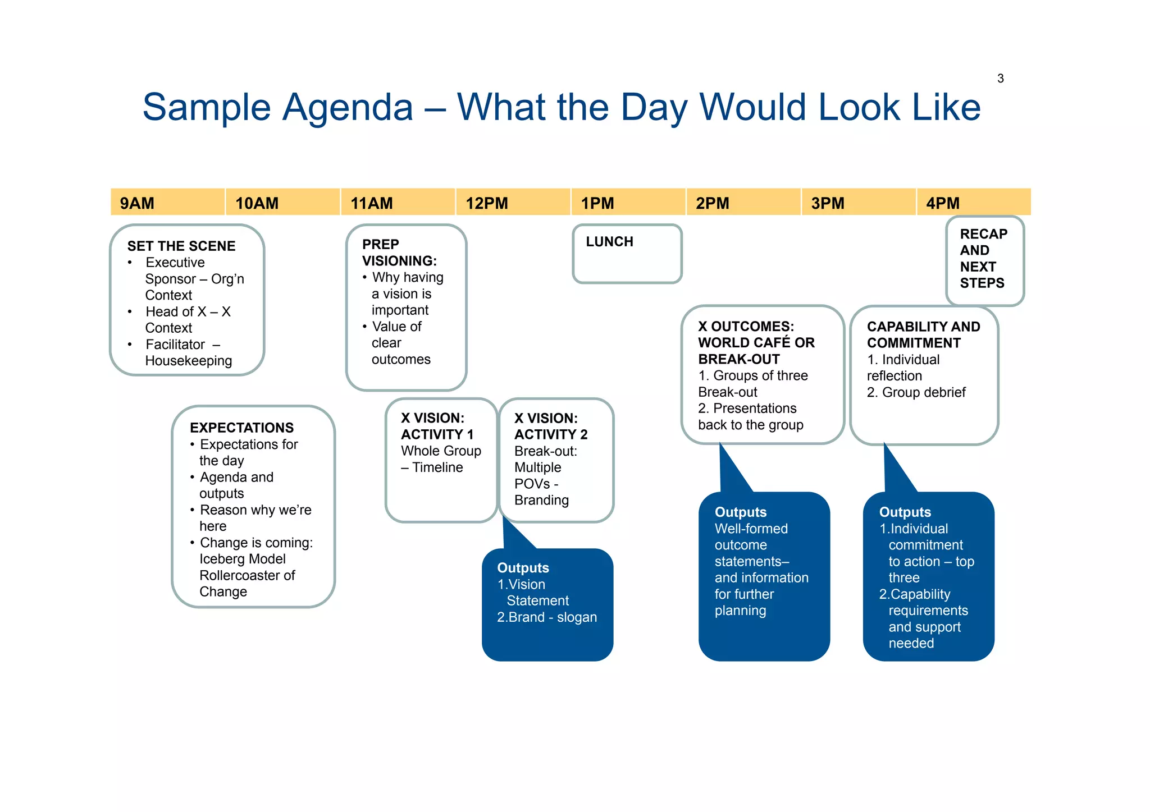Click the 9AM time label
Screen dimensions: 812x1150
(137, 203)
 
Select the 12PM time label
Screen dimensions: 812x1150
(486, 203)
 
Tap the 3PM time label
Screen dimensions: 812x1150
(827, 203)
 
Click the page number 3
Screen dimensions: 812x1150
(1000, 79)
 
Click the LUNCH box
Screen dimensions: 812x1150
(627, 254)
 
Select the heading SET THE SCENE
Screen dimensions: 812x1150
(181, 246)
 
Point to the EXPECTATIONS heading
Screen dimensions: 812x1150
(241, 428)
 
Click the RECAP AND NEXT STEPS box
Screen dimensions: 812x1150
(984, 259)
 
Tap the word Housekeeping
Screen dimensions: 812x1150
(188, 361)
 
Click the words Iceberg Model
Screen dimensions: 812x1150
(242, 559)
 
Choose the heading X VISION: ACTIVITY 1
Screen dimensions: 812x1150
(437, 426)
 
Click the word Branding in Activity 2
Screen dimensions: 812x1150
(541, 500)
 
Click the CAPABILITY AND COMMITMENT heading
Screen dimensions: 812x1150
(923, 334)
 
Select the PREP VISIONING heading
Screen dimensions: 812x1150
(399, 253)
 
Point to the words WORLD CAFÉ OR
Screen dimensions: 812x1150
(756, 342)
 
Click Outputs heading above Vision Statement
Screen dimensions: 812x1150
(523, 568)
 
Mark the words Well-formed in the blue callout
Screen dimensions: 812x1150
(751, 529)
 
